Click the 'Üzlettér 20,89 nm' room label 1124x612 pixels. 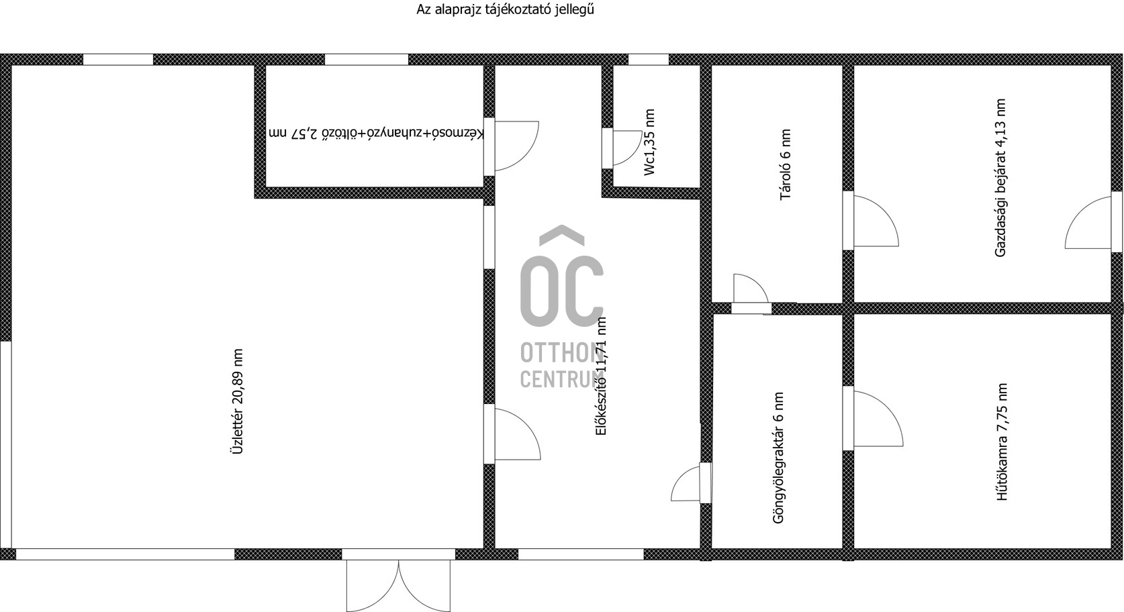pos(237,402)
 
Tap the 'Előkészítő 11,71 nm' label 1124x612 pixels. pos(601,376)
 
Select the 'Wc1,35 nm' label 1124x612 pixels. pos(649,142)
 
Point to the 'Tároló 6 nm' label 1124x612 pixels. pos(786,165)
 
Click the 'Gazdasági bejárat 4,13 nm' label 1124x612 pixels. pos(1000,178)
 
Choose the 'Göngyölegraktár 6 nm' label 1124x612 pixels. pos(778,458)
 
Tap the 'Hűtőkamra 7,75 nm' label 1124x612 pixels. pos(1002,442)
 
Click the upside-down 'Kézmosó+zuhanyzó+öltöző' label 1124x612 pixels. pos(376,134)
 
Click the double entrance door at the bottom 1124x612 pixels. pos(398,585)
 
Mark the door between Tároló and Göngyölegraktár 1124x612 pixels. pos(751,294)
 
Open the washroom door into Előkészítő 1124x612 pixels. pos(512,146)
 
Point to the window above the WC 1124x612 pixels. pos(649,60)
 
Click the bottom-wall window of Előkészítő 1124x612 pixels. pos(581,554)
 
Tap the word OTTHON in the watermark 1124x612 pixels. pos(562,353)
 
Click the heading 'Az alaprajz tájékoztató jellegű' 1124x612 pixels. pos(506,9)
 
